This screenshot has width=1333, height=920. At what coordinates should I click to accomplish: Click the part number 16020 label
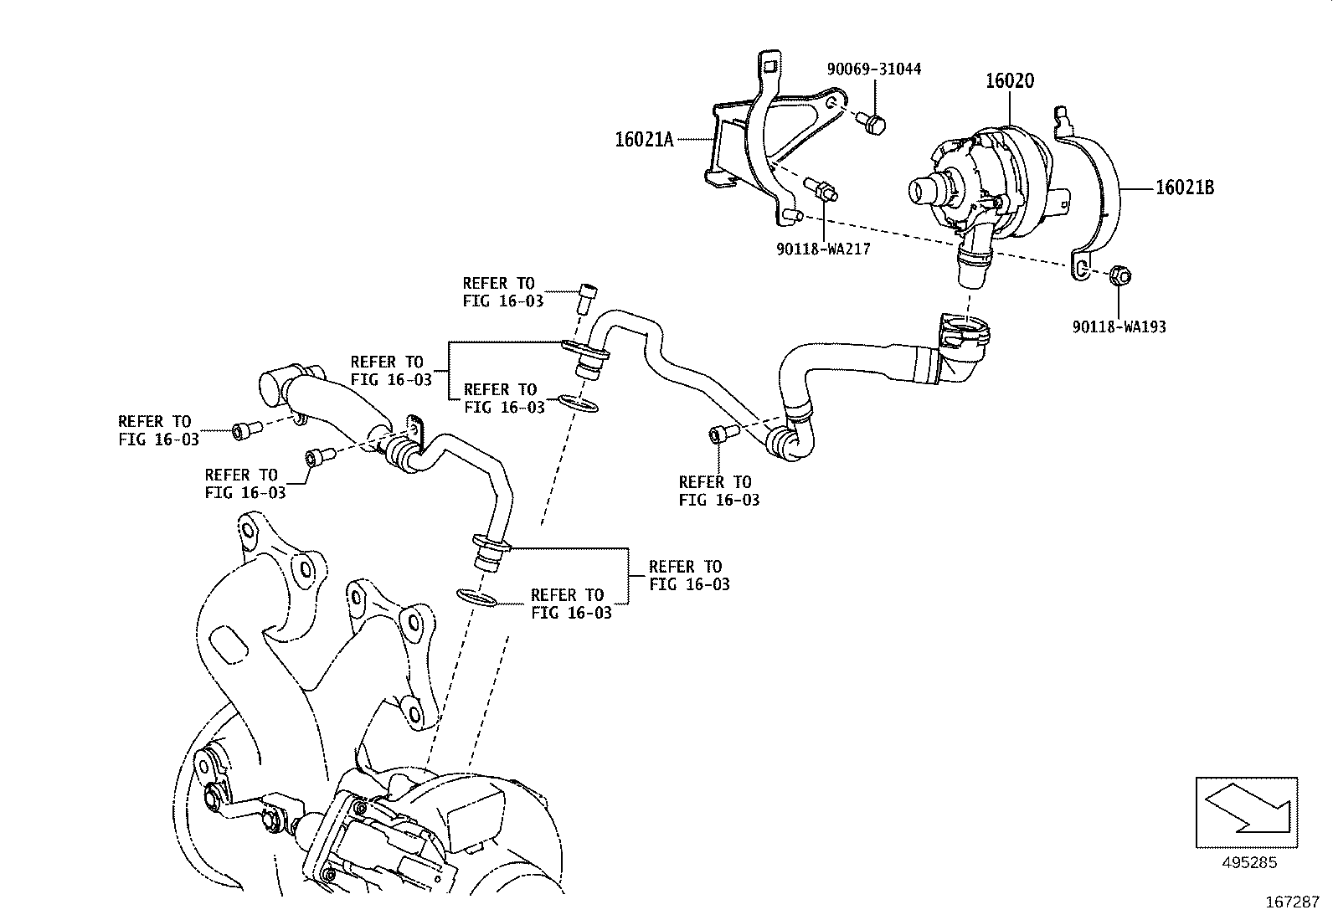coord(1009,81)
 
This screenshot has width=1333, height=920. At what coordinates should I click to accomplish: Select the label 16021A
coord(644,140)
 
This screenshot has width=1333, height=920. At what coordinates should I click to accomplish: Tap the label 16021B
coord(1184,188)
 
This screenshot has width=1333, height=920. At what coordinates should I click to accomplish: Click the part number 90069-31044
coord(874,69)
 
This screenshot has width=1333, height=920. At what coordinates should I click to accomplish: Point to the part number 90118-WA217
coord(822,249)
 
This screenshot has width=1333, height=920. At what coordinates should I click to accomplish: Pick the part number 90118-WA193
coord(1119,326)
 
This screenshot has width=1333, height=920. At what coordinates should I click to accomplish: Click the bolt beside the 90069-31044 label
coord(874,125)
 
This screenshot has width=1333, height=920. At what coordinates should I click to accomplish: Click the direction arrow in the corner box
coord(1247,810)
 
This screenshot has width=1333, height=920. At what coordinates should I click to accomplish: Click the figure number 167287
coord(1291,902)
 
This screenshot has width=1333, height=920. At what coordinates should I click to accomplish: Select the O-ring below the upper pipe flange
coord(577,403)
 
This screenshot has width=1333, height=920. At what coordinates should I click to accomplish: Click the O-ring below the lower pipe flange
coord(478,598)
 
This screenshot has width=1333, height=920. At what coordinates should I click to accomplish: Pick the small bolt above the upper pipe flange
coord(588,296)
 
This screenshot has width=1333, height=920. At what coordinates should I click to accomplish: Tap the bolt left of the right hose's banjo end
coord(721,434)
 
